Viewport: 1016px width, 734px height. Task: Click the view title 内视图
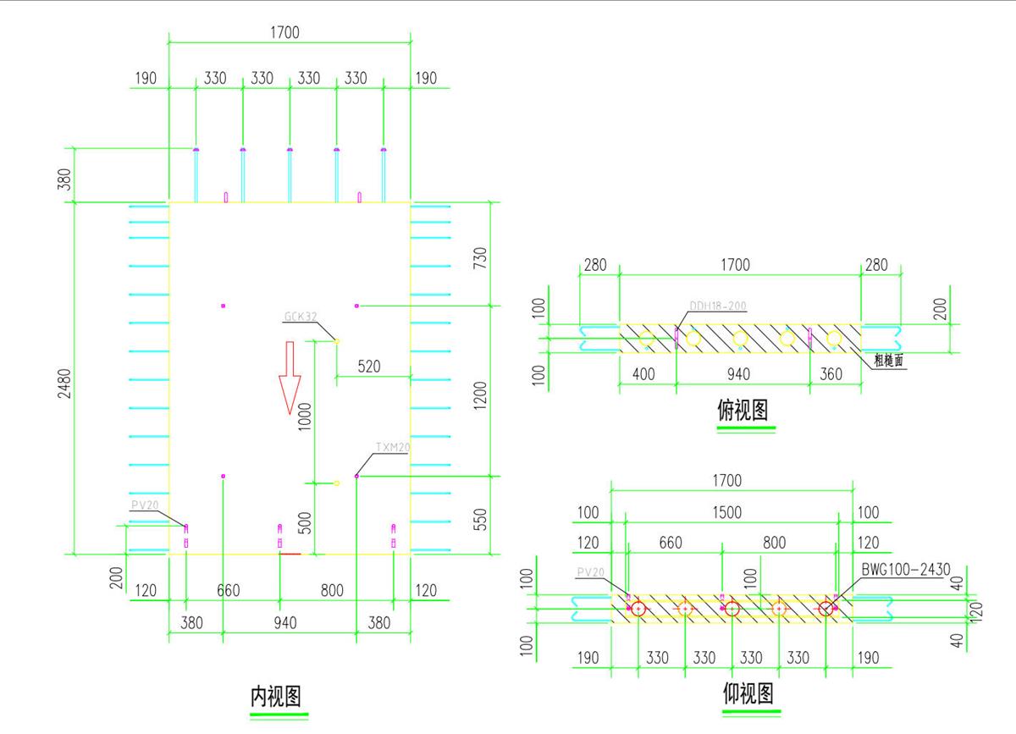coord(276,696)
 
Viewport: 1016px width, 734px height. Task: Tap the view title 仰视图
coord(748,694)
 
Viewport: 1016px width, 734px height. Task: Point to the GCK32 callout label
coord(301,317)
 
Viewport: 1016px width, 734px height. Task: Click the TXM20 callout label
coord(392,446)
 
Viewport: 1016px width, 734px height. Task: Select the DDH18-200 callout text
coord(718,306)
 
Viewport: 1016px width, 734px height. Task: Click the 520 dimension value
coord(369,367)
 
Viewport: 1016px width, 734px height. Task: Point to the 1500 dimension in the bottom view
coord(726,512)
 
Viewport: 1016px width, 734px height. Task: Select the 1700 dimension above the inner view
coord(284,33)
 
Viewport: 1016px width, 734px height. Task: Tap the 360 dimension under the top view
coord(831,373)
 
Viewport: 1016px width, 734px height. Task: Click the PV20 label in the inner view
coord(145,505)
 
